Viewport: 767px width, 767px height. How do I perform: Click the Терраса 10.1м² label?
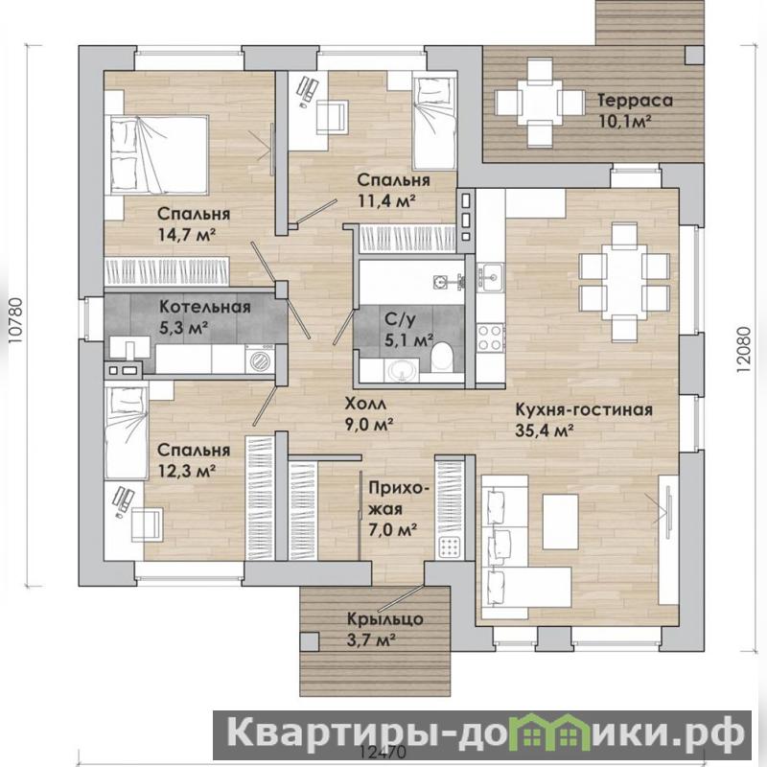coord(635,110)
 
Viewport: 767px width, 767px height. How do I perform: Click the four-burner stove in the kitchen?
coord(490,337)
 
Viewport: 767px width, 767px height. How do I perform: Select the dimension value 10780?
coord(15,316)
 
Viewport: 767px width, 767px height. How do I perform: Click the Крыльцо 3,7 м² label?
coord(384,629)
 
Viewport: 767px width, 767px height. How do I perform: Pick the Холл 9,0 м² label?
coord(369,414)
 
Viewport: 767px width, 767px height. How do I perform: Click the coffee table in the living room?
coord(561,522)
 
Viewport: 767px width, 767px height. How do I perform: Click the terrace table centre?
coord(540,103)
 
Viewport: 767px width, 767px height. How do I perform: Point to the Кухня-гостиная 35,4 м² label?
coord(584,419)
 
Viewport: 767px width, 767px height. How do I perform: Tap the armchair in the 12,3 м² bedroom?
coord(147,524)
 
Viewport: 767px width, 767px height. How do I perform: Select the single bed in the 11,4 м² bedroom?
coord(434,124)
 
